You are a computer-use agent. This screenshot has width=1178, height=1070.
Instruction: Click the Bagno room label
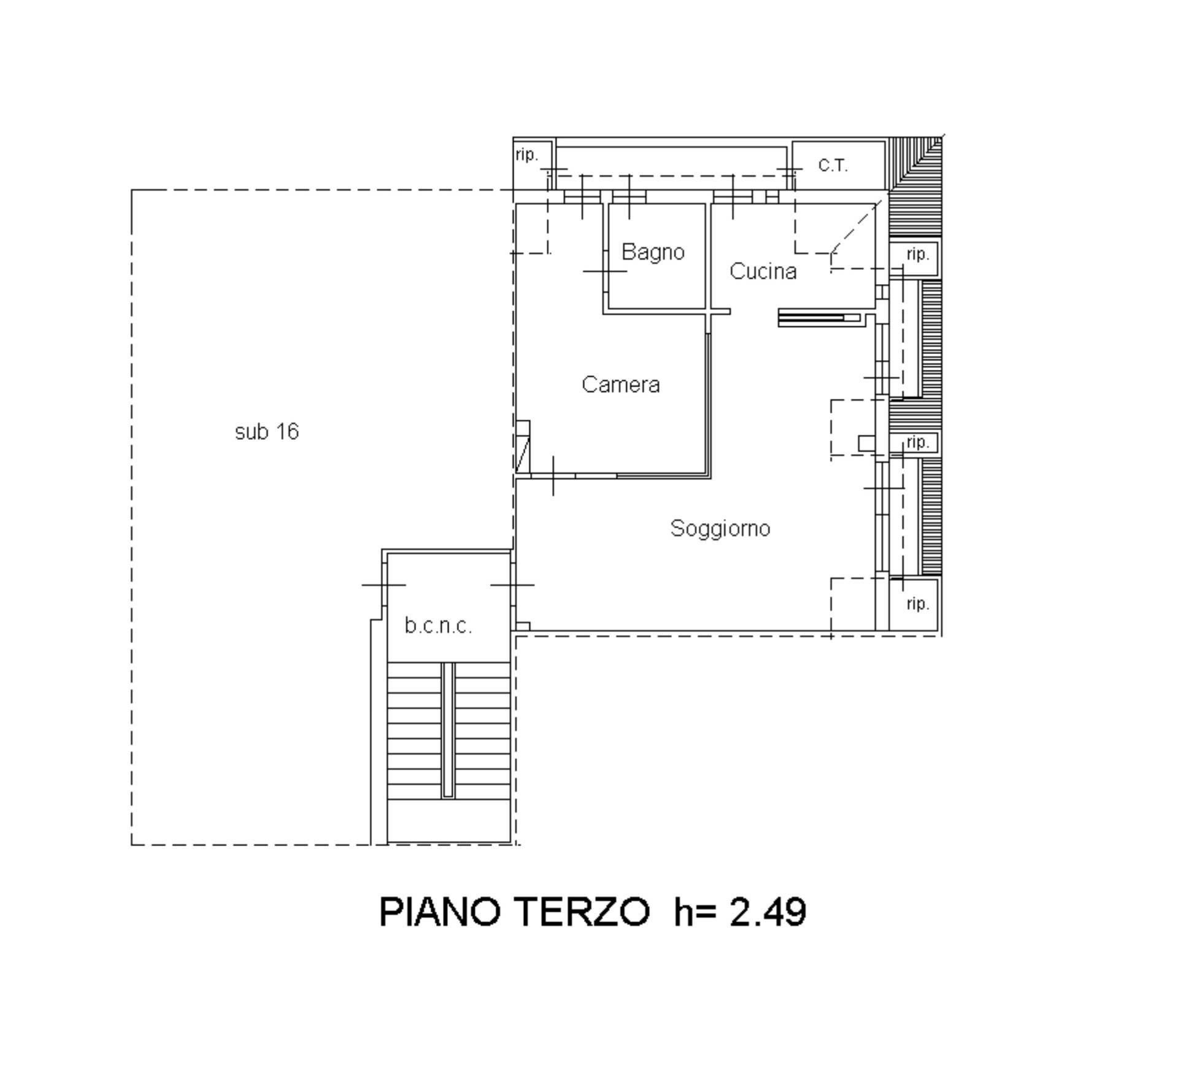coord(653,252)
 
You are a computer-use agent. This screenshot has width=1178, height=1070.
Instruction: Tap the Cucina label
coord(763,271)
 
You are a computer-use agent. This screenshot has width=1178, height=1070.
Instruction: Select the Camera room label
coord(620,385)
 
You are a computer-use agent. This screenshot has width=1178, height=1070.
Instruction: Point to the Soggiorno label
coord(720,528)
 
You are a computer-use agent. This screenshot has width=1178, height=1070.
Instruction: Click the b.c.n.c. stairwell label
coord(438,626)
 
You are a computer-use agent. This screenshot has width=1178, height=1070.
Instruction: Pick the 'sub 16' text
coord(266,432)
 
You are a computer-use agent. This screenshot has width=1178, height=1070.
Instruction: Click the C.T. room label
coord(833,165)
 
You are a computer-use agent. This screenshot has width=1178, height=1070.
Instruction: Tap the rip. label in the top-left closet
coord(526,155)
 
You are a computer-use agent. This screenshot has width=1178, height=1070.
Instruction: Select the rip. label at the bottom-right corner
coord(917,604)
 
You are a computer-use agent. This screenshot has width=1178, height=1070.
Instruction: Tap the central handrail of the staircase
coord(448,729)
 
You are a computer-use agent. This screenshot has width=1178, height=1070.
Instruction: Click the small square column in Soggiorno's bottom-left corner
coord(522,626)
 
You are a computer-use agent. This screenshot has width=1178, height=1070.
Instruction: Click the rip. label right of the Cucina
coord(917,255)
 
